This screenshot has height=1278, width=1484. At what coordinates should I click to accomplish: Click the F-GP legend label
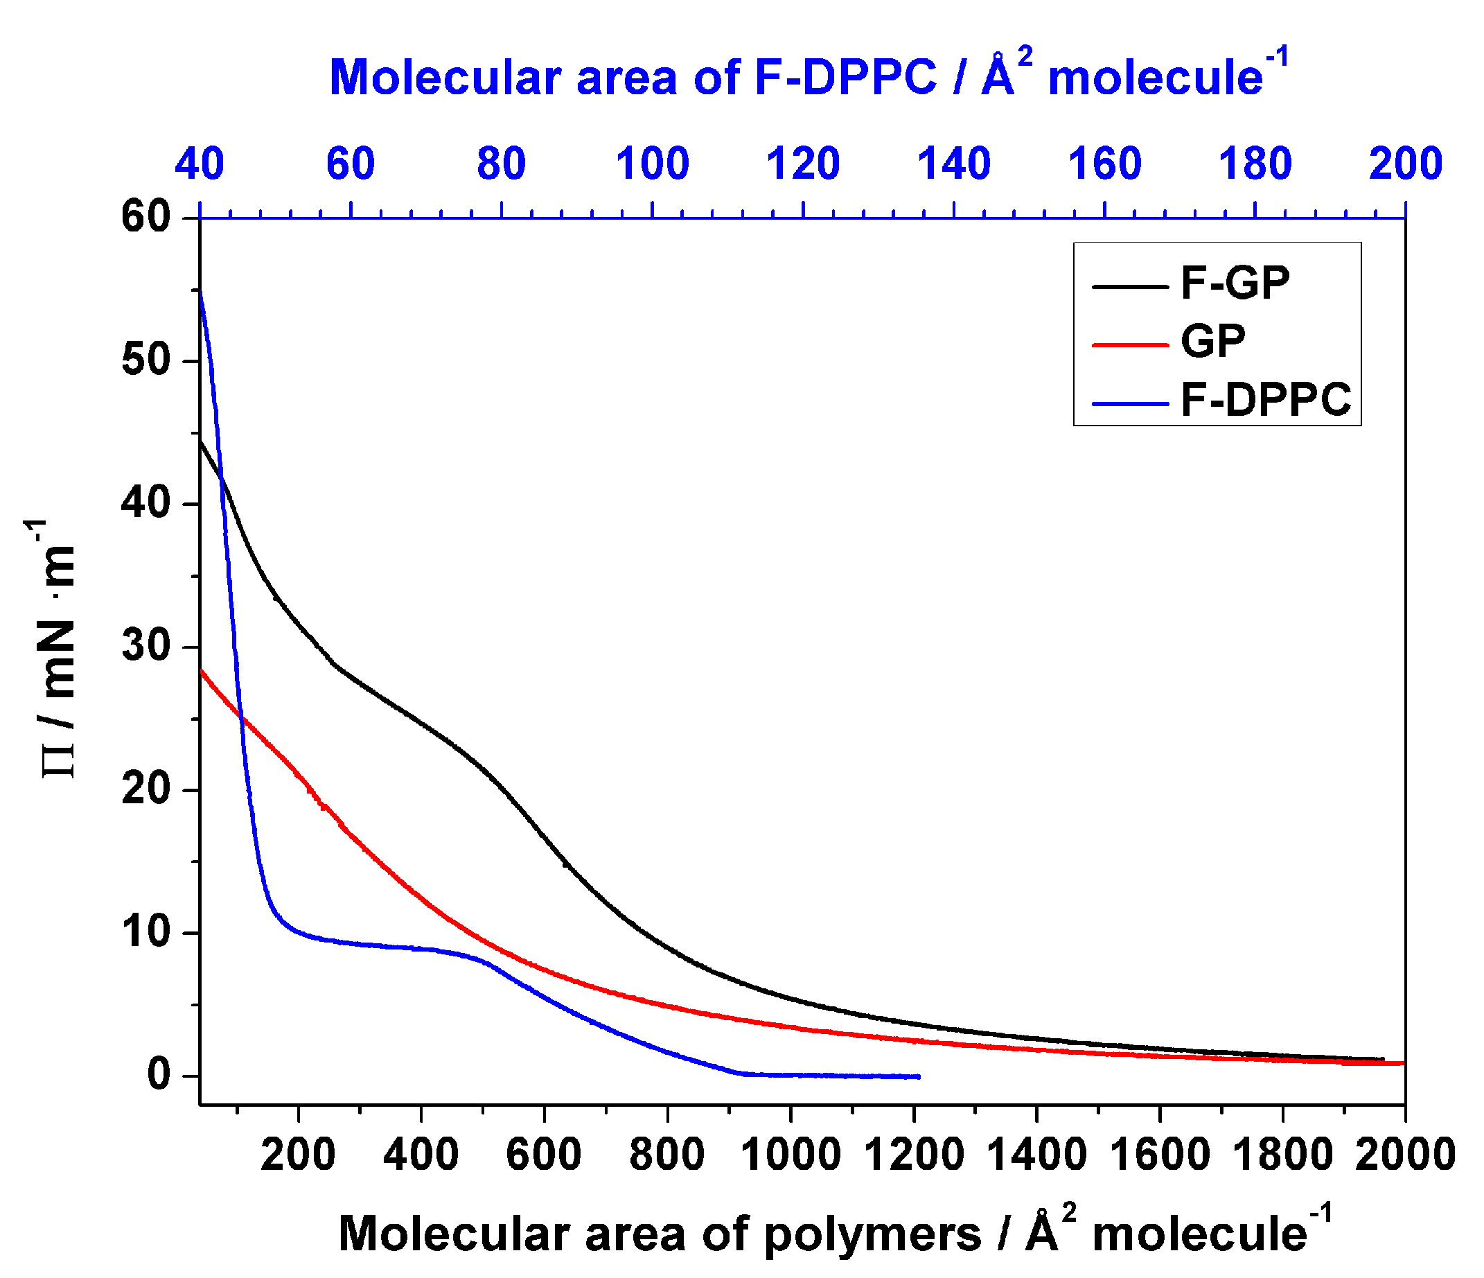[1235, 283]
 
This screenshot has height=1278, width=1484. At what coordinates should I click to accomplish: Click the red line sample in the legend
[1129, 345]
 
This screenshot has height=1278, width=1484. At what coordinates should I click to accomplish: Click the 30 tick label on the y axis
[146, 646]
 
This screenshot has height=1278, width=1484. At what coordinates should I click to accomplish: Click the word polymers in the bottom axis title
[872, 1234]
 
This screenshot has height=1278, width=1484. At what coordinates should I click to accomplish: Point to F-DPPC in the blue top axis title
[845, 77]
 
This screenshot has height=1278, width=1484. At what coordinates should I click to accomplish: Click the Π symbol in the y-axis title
[59, 759]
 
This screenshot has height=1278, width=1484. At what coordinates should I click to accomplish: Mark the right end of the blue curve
[918, 1077]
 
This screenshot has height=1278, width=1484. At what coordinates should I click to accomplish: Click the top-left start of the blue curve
[200, 291]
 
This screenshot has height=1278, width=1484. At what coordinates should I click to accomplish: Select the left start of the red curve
[201, 670]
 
